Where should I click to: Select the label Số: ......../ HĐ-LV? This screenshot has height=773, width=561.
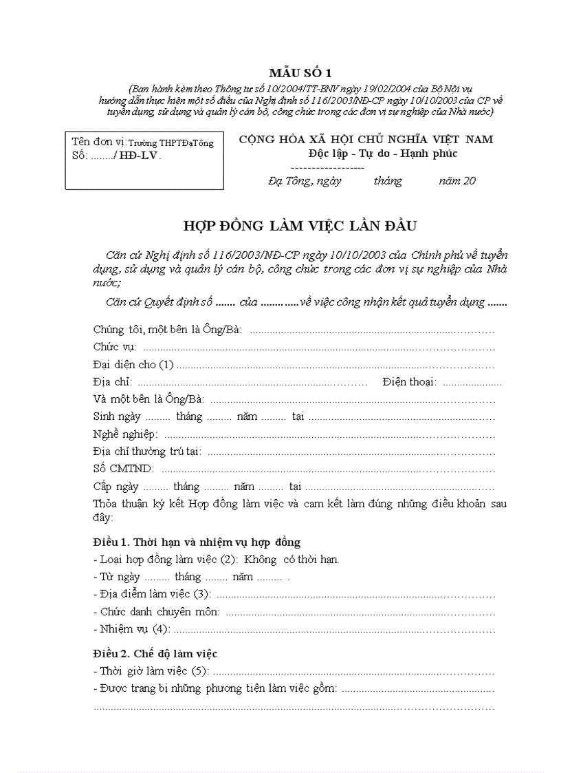[116, 156]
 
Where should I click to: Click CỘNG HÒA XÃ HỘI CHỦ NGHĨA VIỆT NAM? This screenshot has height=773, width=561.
[366, 139]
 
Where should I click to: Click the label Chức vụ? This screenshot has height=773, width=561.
[114, 347]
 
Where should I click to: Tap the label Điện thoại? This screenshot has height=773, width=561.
[410, 382]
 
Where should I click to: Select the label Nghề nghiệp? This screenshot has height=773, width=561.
[125, 434]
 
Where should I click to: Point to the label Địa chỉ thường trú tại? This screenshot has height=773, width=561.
[147, 452]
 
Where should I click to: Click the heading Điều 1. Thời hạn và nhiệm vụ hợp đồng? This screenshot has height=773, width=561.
[197, 542]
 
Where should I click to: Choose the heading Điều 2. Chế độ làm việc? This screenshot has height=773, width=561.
[155, 653]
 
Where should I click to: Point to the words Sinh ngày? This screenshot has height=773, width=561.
[117, 417]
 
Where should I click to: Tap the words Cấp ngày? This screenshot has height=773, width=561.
[116, 487]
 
